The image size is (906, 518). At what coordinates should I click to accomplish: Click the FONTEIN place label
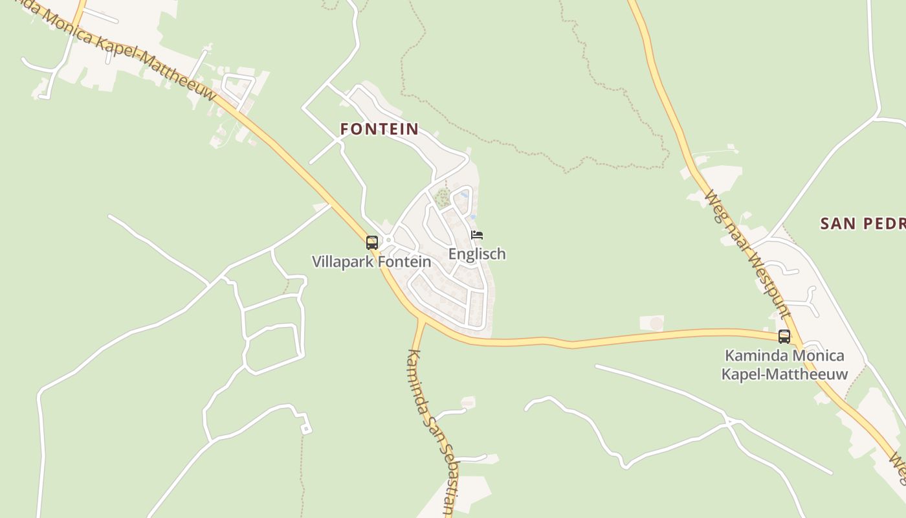coord(379,129)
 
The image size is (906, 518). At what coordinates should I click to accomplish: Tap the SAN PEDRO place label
coord(863,224)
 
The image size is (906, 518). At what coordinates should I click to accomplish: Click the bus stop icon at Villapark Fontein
coord(372,243)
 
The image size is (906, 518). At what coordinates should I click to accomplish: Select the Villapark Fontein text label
coord(371,262)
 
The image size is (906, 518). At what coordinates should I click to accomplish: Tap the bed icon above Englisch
coord(477,235)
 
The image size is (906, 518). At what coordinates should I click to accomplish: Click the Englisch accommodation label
coord(477,254)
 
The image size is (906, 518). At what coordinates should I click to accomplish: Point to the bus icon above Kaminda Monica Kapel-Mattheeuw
coord(784,336)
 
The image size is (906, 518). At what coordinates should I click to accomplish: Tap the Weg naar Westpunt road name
coord(747,254)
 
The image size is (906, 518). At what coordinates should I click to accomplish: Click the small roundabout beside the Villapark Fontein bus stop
coord(388,240)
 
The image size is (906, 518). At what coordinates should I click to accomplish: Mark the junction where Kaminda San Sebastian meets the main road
coord(421,319)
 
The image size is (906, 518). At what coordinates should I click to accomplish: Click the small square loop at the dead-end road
coord(305,428)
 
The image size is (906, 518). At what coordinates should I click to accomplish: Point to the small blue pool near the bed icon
coord(465,194)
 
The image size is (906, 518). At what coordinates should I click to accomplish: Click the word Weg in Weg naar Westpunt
coord(714,205)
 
